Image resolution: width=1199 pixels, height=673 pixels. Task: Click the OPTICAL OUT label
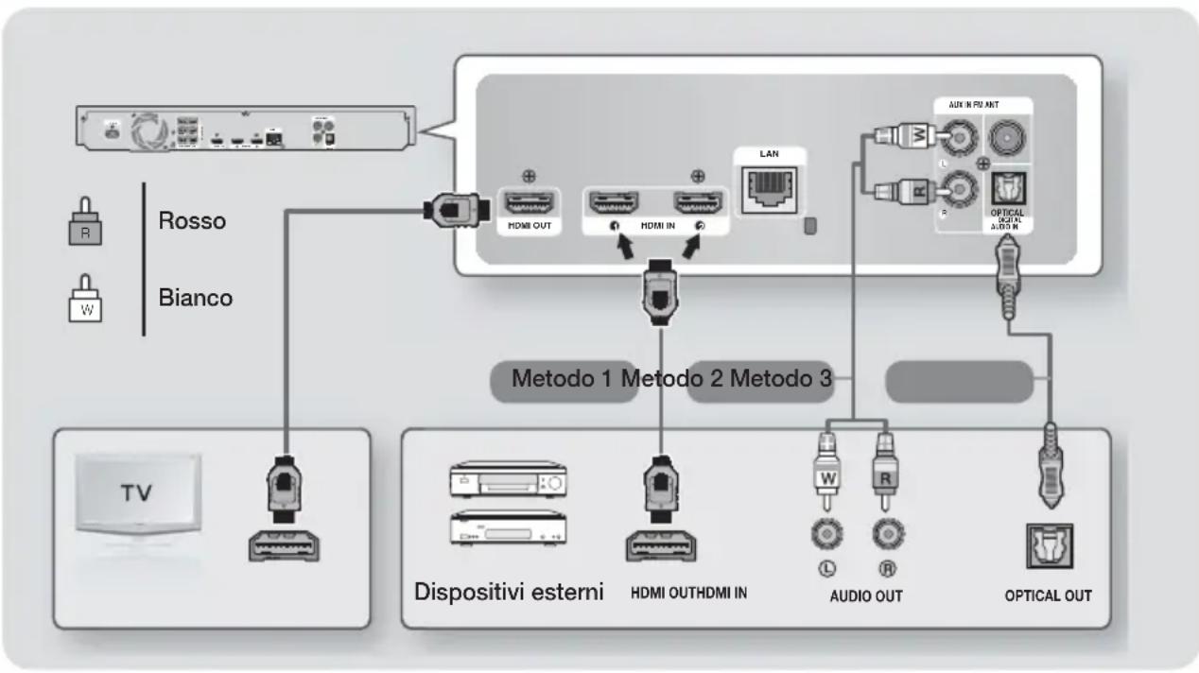pyautogui.click(x=1049, y=595)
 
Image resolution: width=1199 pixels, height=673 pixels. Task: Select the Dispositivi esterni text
pyautogui.click(x=508, y=595)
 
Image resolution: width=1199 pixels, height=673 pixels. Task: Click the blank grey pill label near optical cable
pyautogui.click(x=957, y=380)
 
